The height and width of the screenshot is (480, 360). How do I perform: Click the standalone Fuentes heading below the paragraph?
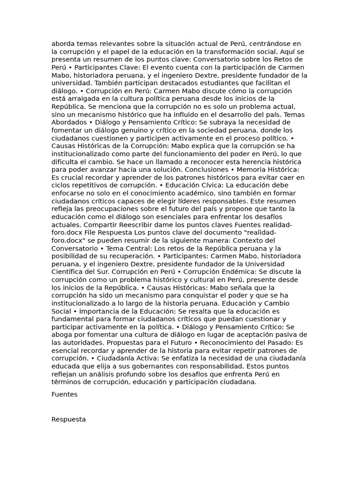tap(64, 394)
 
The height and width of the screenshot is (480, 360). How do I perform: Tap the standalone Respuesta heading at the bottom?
tap(68, 420)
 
